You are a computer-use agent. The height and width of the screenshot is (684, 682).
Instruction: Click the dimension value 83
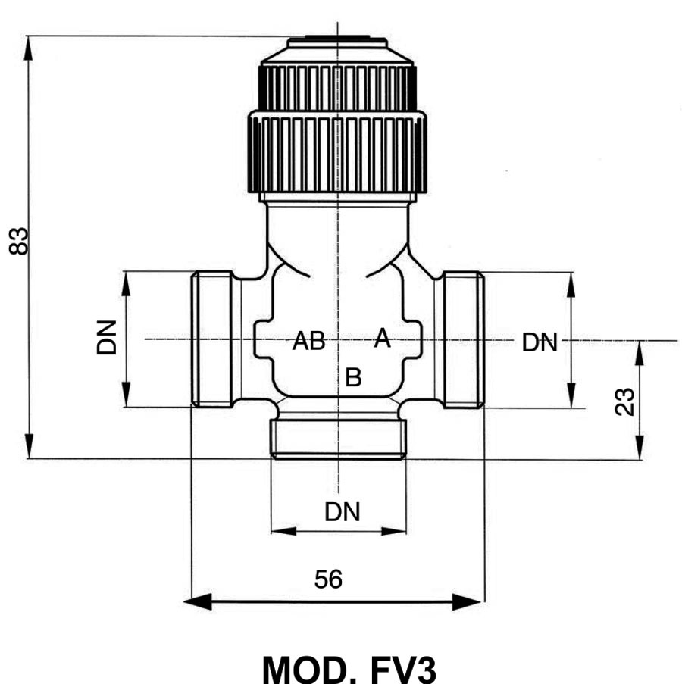18,241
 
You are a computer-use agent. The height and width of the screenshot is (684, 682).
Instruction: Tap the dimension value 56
328,579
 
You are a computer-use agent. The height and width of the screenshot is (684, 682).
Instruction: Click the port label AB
309,341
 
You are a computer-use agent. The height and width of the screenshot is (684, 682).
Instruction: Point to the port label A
382,338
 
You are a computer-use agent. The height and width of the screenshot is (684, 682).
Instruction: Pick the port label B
353,377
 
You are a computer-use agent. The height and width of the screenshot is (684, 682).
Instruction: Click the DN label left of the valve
107,338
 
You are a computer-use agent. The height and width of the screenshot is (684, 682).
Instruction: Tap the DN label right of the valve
540,342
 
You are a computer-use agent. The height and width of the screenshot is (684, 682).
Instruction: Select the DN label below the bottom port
342,512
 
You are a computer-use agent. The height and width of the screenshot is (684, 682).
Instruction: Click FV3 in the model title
402,670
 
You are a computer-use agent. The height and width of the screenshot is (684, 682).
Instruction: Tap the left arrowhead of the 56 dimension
198,602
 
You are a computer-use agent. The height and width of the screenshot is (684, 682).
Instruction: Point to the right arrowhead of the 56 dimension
467,602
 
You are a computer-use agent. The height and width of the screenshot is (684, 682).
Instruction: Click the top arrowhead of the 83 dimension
28,48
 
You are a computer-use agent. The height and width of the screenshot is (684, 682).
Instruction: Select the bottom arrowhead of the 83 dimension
28,446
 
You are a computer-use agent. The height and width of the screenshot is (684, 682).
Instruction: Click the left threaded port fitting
212,339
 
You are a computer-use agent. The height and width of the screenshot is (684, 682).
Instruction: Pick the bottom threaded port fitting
339,439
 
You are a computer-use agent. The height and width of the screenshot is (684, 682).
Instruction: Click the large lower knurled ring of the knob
337,152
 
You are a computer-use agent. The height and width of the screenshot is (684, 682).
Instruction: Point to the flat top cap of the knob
337,42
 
